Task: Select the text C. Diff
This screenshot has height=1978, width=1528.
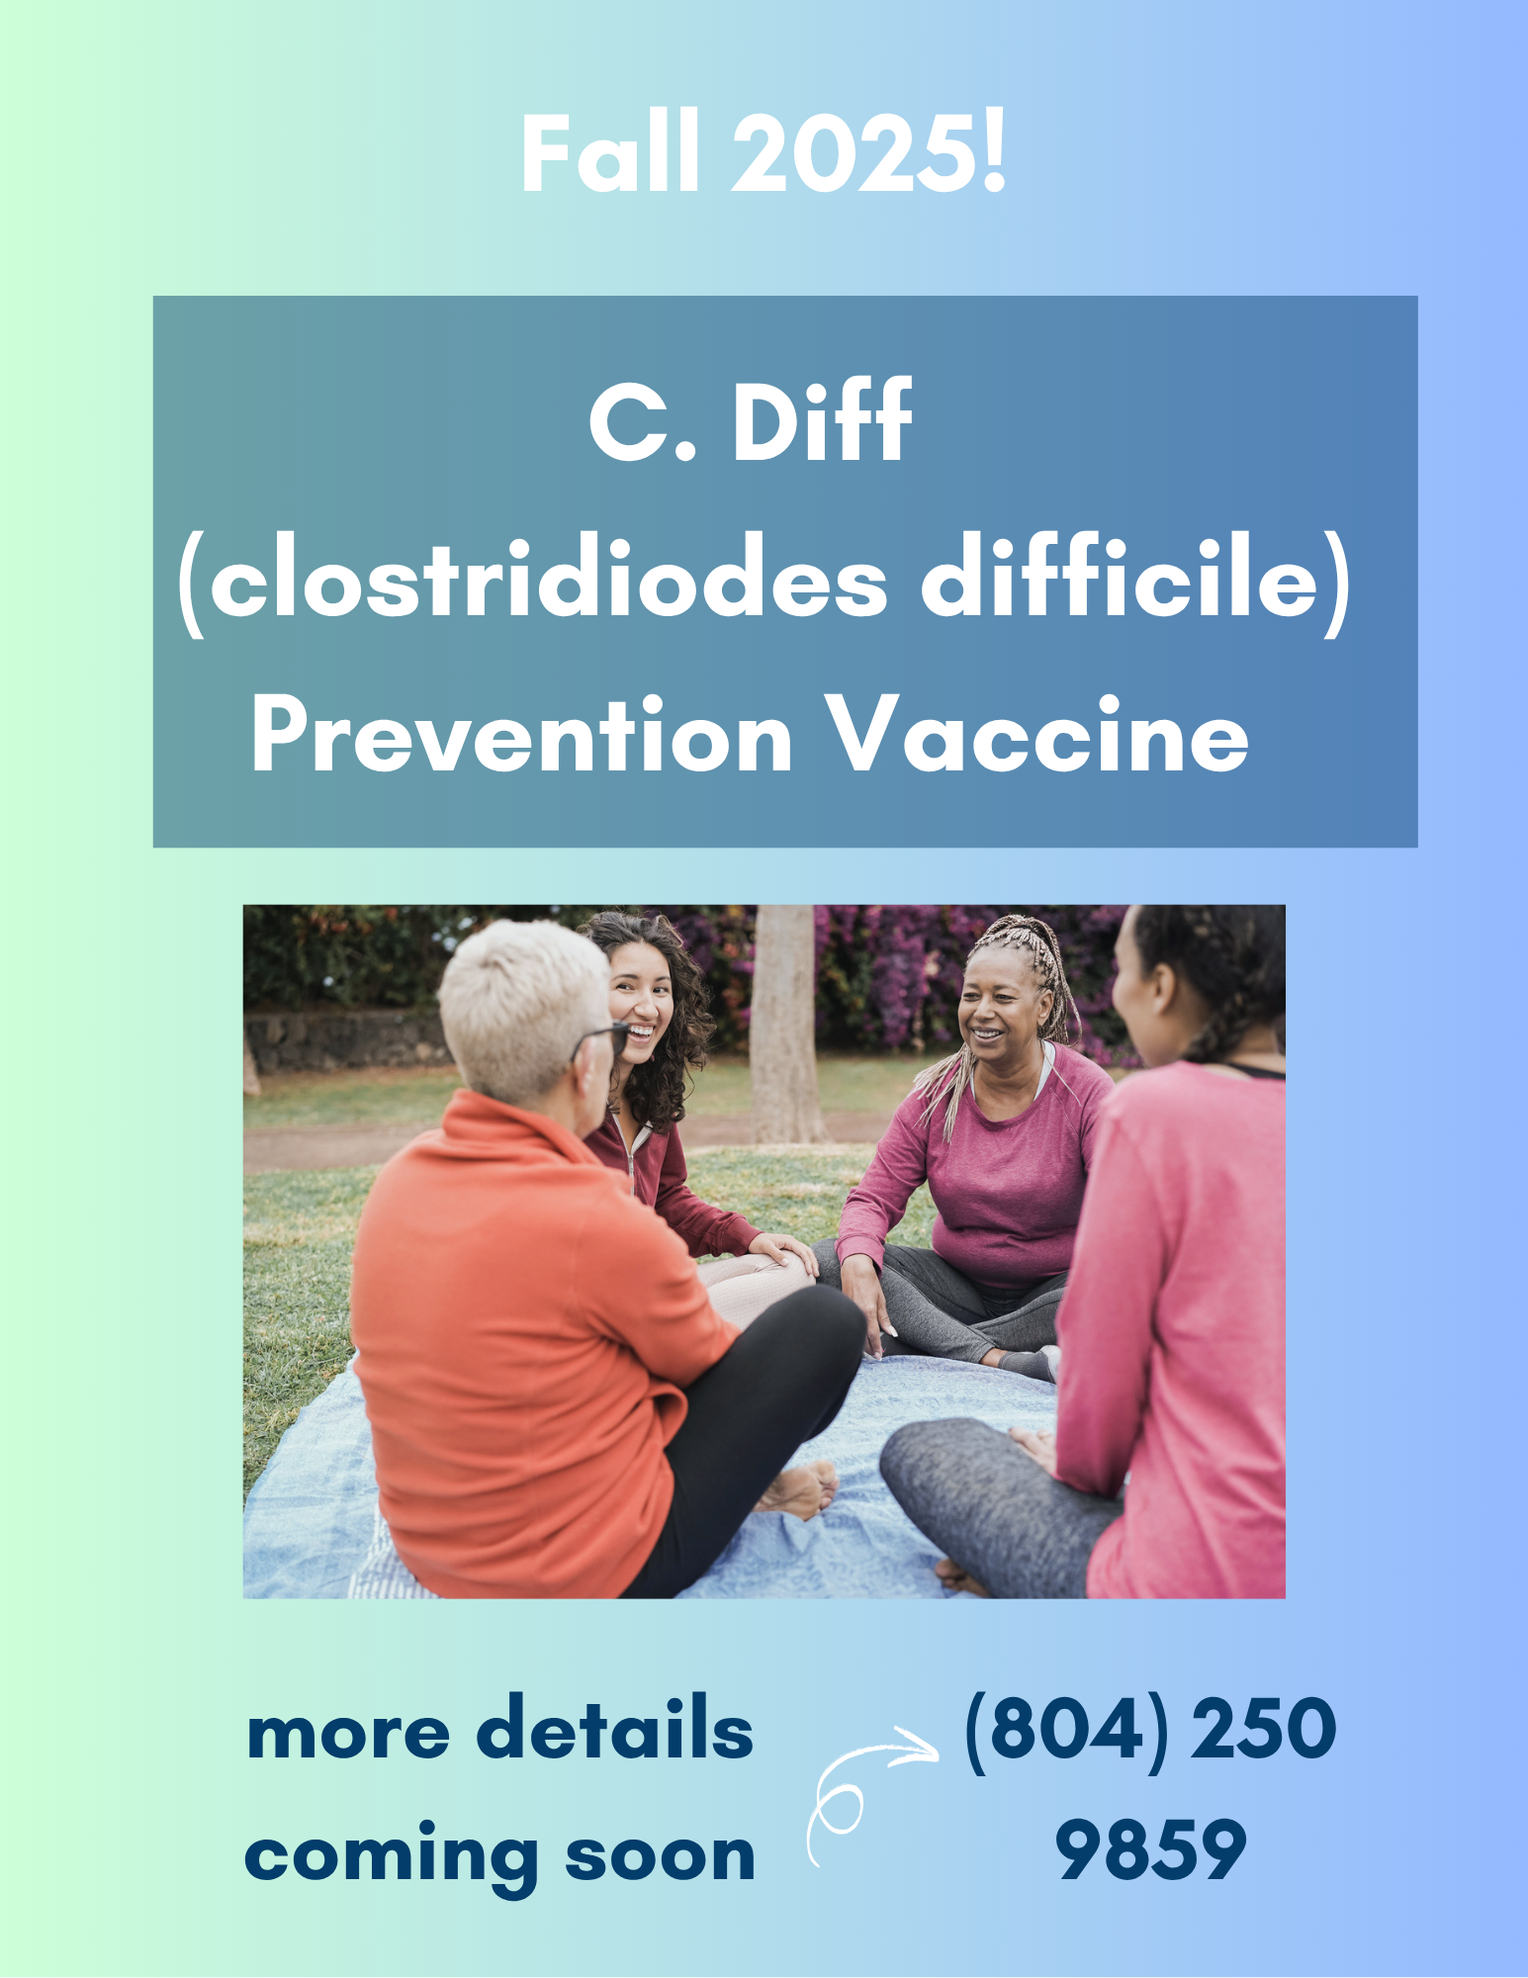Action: click(750, 419)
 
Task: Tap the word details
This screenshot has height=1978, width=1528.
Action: click(614, 1728)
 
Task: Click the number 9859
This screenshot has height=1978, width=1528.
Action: click(1150, 1849)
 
